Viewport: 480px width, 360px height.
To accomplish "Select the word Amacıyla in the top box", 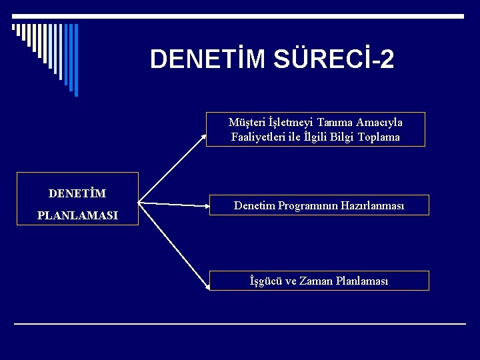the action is pos(379,123).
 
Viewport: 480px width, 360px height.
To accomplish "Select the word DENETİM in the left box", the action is pos(77,193).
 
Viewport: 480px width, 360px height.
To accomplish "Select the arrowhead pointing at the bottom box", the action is pos(207,287).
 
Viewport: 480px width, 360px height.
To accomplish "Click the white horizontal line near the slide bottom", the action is pos(240,324).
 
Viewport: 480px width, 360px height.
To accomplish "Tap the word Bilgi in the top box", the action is pos(341,137).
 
